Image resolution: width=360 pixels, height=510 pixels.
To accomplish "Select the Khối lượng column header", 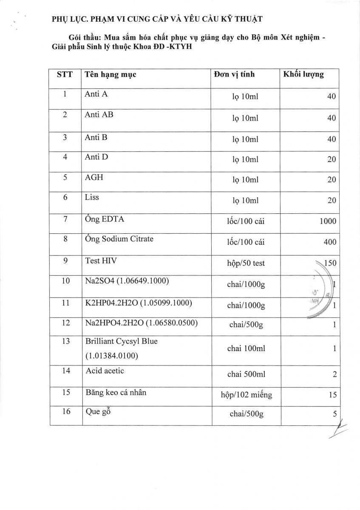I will click(303, 74).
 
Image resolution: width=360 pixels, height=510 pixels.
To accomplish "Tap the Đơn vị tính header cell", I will click(234, 74).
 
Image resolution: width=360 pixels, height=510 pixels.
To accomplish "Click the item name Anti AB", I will click(99, 115).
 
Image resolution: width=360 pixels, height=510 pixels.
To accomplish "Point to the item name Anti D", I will click(96, 156).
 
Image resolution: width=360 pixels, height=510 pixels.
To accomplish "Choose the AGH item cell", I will click(94, 177).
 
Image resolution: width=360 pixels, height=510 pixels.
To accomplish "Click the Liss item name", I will click(92, 198).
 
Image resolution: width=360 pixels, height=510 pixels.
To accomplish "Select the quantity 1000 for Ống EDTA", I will click(326, 221).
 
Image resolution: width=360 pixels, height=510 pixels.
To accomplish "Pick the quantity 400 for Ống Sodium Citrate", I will click(329, 242).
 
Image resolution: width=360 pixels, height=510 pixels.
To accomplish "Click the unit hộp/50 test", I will click(246, 263).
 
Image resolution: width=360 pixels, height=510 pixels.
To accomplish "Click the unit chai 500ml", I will click(246, 374).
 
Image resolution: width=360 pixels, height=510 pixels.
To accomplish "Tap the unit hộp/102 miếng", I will click(247, 395).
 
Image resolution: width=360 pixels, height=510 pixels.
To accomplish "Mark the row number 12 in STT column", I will click(65, 323).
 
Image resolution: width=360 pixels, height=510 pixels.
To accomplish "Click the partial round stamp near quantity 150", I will click(321, 293).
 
